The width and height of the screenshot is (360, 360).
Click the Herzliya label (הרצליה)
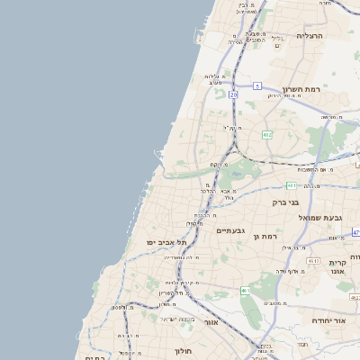309,36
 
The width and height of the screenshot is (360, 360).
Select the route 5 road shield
256,86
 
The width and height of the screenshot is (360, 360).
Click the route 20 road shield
234,94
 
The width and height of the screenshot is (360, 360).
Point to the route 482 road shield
266,134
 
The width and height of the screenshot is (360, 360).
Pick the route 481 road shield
291,185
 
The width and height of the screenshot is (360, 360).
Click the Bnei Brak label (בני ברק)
285,202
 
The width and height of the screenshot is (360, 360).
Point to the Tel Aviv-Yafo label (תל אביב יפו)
166,242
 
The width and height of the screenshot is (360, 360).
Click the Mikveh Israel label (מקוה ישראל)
176,319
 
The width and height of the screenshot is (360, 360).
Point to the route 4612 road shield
313,260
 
